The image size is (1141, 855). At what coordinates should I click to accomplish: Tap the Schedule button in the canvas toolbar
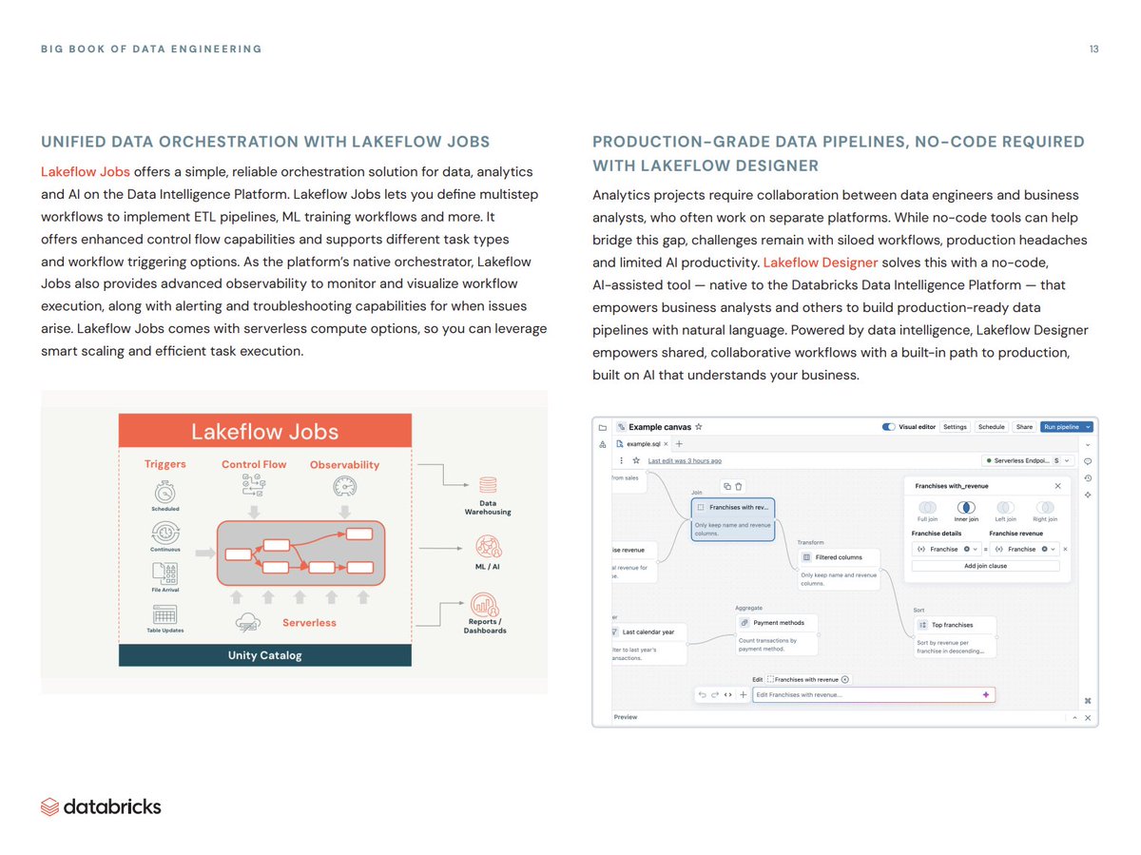click(x=991, y=427)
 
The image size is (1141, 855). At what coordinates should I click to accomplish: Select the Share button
click(x=1024, y=427)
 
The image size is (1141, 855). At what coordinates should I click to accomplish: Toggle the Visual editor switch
click(x=889, y=427)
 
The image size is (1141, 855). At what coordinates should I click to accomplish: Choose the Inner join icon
click(x=966, y=508)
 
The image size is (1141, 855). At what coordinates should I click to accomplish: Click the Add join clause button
click(x=985, y=566)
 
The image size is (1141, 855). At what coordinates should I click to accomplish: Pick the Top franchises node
click(x=952, y=625)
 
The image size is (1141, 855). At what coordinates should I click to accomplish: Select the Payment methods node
click(x=778, y=623)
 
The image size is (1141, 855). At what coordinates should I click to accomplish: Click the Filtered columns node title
click(x=839, y=557)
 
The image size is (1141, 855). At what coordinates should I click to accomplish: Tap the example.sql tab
click(x=644, y=443)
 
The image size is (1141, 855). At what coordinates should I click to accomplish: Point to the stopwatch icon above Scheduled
click(x=164, y=492)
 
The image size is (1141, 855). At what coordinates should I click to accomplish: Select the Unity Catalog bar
click(x=264, y=655)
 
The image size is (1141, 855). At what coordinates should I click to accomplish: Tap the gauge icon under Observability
click(x=344, y=486)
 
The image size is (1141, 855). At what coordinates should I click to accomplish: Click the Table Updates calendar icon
click(x=164, y=614)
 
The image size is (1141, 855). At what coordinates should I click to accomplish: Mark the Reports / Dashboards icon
click(x=484, y=604)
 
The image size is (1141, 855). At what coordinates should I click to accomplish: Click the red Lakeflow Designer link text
click(x=821, y=262)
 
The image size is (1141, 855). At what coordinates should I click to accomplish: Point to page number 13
click(x=1093, y=49)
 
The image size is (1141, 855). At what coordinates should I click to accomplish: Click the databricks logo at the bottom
click(x=101, y=806)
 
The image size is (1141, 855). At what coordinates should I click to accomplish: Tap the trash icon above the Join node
click(x=738, y=486)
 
